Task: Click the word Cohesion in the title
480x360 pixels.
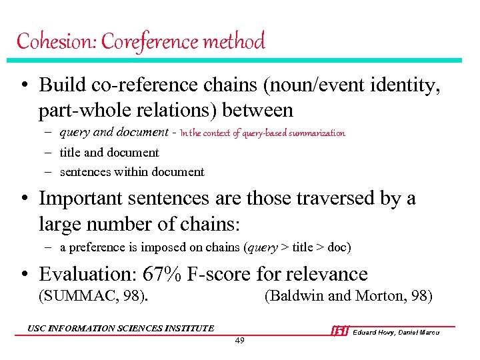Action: [47, 41]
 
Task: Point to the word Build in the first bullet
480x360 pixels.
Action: [61, 86]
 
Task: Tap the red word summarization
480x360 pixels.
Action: [317, 133]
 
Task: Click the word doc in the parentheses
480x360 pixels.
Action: [337, 247]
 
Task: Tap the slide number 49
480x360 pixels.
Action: [240, 341]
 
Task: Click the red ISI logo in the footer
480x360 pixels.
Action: [340, 331]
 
